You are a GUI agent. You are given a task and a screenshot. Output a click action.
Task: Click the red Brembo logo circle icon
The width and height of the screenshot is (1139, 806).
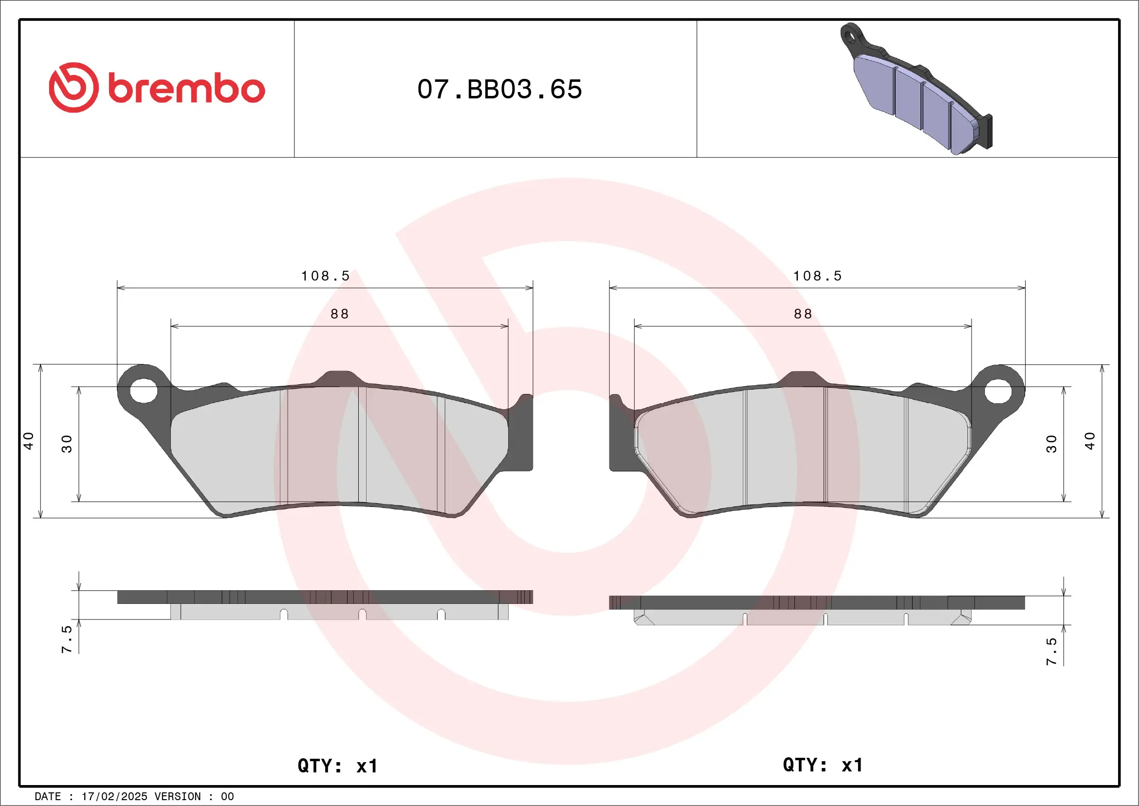click(73, 87)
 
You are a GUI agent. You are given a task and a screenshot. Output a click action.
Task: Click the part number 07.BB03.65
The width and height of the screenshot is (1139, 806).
click(499, 89)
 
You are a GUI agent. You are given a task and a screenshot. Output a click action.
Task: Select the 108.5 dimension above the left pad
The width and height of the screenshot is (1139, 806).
click(326, 276)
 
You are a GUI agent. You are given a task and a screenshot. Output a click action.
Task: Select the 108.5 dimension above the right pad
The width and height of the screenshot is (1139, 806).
click(817, 276)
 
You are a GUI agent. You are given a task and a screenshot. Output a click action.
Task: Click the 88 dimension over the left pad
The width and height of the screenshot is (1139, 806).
click(340, 314)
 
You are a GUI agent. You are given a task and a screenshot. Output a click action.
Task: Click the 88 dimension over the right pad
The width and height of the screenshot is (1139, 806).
click(803, 314)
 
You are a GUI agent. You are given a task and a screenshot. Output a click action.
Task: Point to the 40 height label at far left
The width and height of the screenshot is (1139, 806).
click(29, 441)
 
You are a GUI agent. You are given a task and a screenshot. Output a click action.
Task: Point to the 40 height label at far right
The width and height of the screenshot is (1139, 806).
click(1089, 441)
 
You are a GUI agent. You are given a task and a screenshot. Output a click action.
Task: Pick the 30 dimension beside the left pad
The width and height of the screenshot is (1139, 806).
click(67, 444)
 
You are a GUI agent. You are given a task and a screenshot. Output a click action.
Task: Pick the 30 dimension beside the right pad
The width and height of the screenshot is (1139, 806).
click(1051, 444)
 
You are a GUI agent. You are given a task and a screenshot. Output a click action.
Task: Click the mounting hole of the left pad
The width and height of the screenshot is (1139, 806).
click(144, 390)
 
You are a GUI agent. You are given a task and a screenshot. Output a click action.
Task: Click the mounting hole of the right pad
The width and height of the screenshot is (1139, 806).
click(998, 392)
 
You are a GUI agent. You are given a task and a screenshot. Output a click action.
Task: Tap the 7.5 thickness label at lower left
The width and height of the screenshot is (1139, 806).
click(67, 639)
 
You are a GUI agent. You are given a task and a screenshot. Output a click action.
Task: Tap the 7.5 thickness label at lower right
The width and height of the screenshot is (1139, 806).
click(1051, 651)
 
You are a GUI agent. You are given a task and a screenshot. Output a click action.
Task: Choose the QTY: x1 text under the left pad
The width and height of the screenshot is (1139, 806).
click(337, 766)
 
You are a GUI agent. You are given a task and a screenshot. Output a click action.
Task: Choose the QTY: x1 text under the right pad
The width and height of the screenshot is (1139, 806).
click(823, 765)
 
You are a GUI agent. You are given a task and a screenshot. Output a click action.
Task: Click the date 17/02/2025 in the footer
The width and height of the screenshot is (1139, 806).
click(114, 797)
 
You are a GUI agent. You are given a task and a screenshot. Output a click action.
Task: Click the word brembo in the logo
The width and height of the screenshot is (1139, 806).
click(186, 89)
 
